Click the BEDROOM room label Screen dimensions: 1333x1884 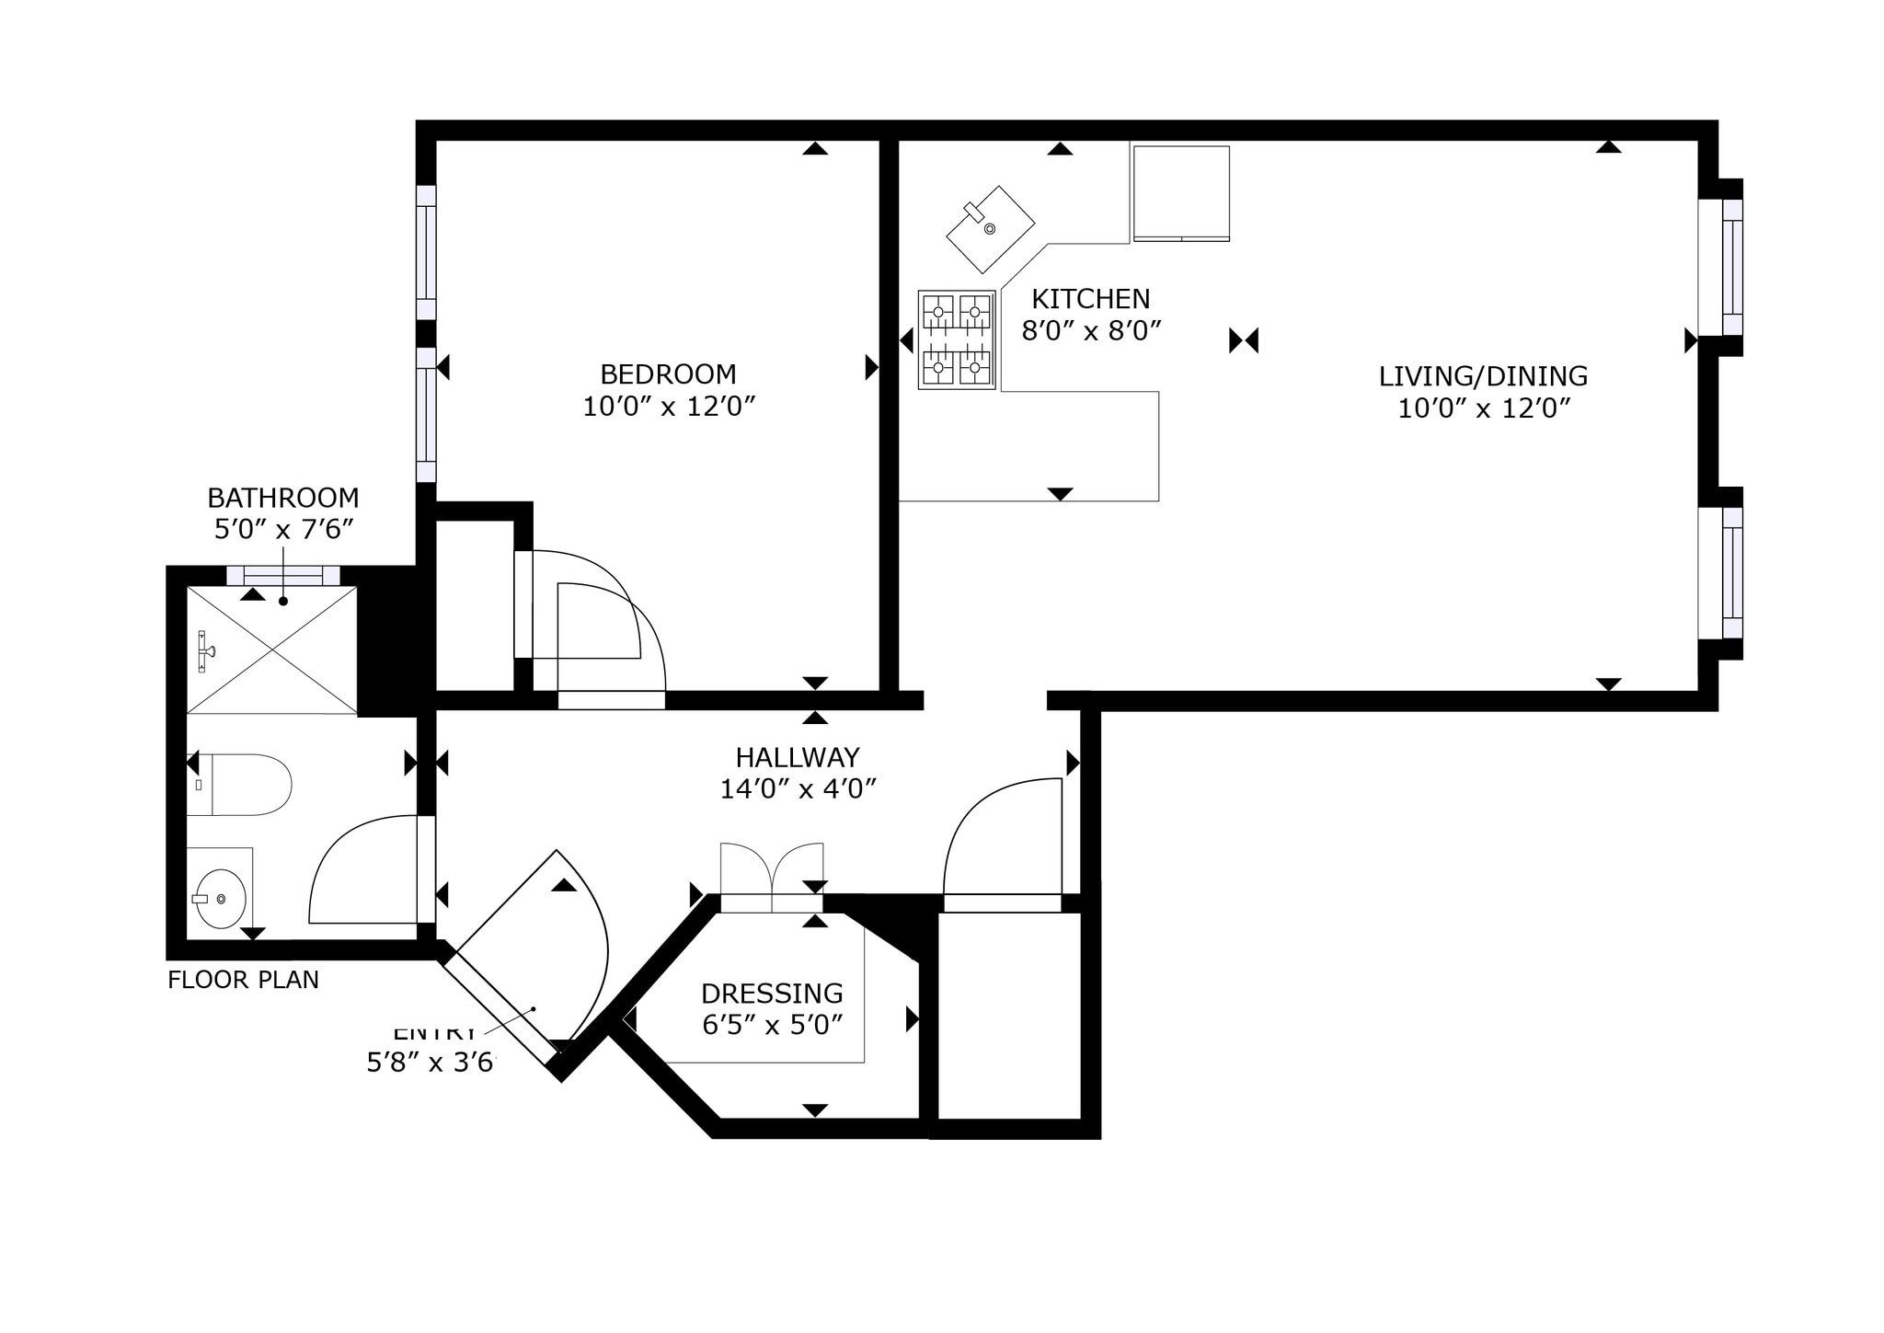pyautogui.click(x=668, y=374)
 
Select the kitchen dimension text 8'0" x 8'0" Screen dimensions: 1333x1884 pyautogui.click(x=1091, y=330)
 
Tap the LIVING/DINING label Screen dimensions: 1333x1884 pyautogui.click(x=1483, y=376)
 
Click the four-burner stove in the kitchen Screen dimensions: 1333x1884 pyautogui.click(x=957, y=339)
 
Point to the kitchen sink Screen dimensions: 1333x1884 pyautogui.click(x=990, y=229)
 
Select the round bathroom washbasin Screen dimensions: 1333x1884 pyautogui.click(x=221, y=899)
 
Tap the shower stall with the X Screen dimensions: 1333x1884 pyautogui.click(x=272, y=649)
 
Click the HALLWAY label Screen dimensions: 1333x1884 pyautogui.click(x=798, y=757)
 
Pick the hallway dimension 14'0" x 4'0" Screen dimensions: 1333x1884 pyautogui.click(x=798, y=789)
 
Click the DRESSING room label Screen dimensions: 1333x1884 pyautogui.click(x=772, y=994)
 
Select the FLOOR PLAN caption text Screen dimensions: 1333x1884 pyautogui.click(x=243, y=980)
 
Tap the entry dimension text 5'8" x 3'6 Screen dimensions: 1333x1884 pyautogui.click(x=431, y=1063)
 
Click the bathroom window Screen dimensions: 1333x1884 pyautogui.click(x=283, y=576)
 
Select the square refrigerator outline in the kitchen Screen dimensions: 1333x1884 pyautogui.click(x=1181, y=193)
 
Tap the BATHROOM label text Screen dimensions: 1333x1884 pyautogui.click(x=283, y=498)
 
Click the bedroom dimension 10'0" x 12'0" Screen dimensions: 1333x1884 pyautogui.click(x=669, y=407)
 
